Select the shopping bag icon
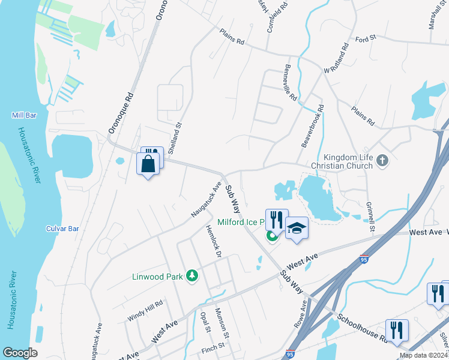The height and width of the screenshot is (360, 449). pos(148,163)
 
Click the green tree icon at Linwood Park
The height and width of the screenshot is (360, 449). pos(192,275)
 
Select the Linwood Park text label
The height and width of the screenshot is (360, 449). pos(157,277)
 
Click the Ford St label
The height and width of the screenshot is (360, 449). pos(365,38)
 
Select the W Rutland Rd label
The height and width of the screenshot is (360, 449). pos(336,58)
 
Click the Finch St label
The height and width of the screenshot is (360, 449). pos(212,346)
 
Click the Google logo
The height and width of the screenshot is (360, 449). pos(20,353)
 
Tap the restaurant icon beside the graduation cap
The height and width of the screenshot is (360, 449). pos(276,220)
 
